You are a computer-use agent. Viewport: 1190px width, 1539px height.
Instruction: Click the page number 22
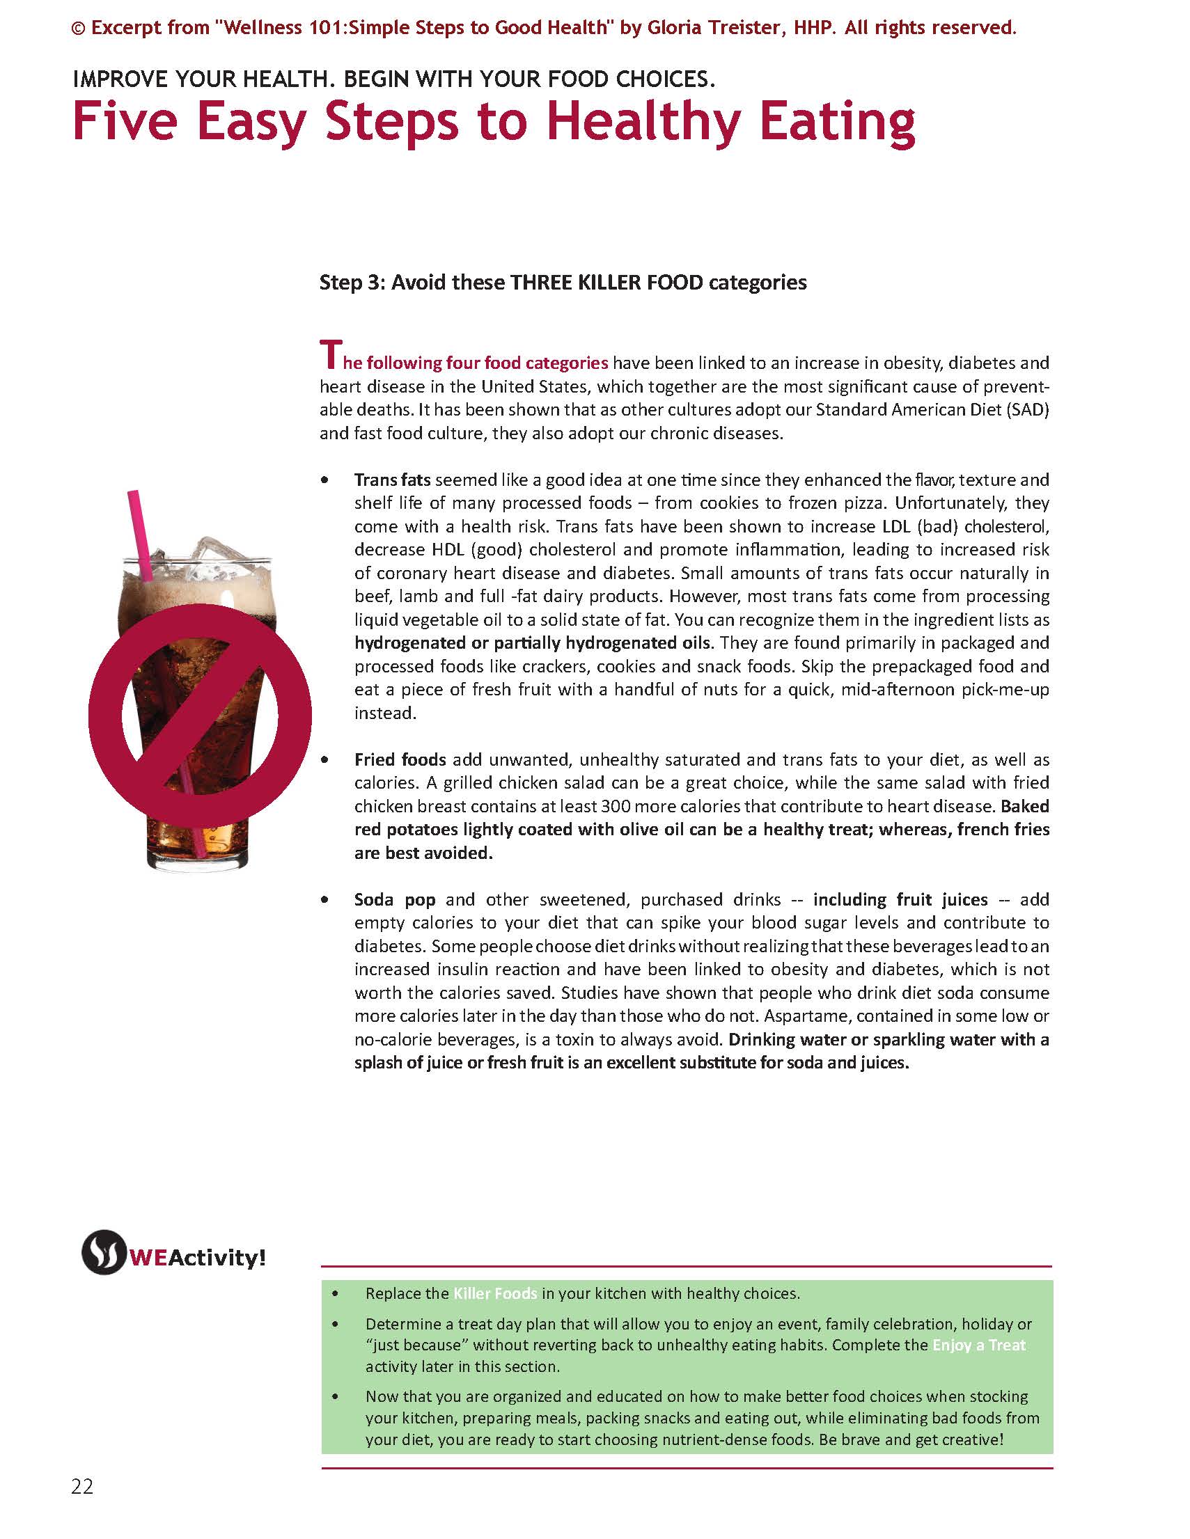click(x=81, y=1486)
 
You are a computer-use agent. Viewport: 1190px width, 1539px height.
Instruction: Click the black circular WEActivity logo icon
click(x=103, y=1252)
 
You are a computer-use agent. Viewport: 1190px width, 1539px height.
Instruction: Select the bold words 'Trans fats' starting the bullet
click(x=392, y=480)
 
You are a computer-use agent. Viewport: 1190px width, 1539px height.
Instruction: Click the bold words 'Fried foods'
click(x=400, y=759)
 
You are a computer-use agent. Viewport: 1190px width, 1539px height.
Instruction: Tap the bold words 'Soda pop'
click(x=395, y=899)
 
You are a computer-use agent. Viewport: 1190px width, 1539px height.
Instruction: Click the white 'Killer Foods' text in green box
click(x=495, y=1293)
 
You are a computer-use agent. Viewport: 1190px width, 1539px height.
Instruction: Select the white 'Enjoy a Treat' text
click(x=978, y=1345)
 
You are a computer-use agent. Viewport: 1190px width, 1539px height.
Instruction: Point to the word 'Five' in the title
click(x=124, y=122)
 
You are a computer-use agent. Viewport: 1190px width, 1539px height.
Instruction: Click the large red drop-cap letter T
click(x=330, y=354)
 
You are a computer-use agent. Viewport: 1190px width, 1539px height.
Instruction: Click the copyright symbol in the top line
click(x=78, y=28)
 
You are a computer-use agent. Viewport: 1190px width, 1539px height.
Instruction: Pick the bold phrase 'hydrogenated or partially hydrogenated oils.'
click(x=534, y=642)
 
